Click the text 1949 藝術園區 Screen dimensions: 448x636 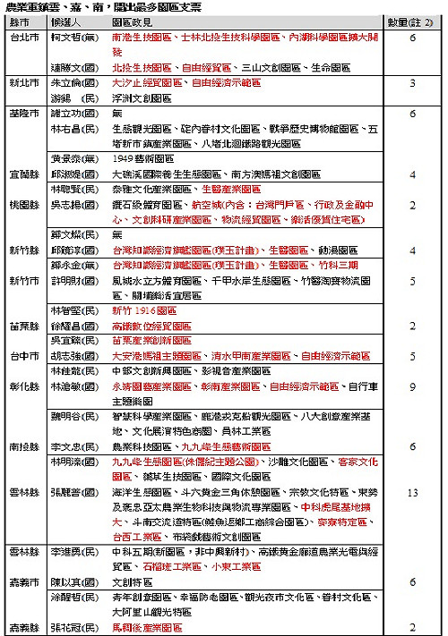click(x=142, y=155)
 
